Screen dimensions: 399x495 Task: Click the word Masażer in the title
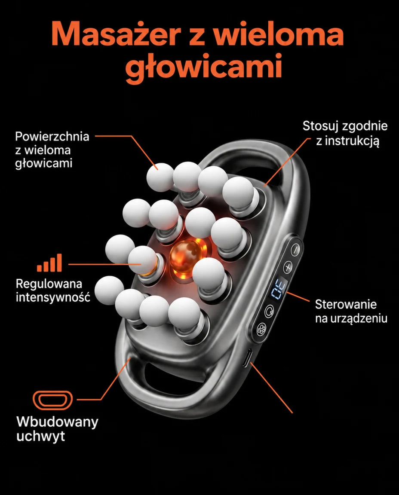pos(116,34)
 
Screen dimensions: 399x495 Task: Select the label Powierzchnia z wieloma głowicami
pos(52,150)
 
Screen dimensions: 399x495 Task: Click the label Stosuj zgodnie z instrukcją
pos(345,133)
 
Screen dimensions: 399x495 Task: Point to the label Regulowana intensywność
pos(53,290)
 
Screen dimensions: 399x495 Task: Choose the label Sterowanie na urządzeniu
pos(351,311)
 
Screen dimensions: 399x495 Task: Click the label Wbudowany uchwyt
pos(57,429)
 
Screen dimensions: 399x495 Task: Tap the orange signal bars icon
pos(49,263)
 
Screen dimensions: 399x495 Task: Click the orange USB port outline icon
pos(53,400)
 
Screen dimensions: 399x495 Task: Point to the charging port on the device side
pos(247,358)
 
